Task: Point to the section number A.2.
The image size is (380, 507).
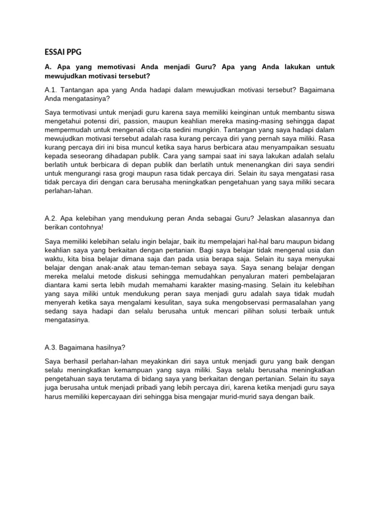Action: point(52,218)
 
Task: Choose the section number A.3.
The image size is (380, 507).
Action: point(52,348)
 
